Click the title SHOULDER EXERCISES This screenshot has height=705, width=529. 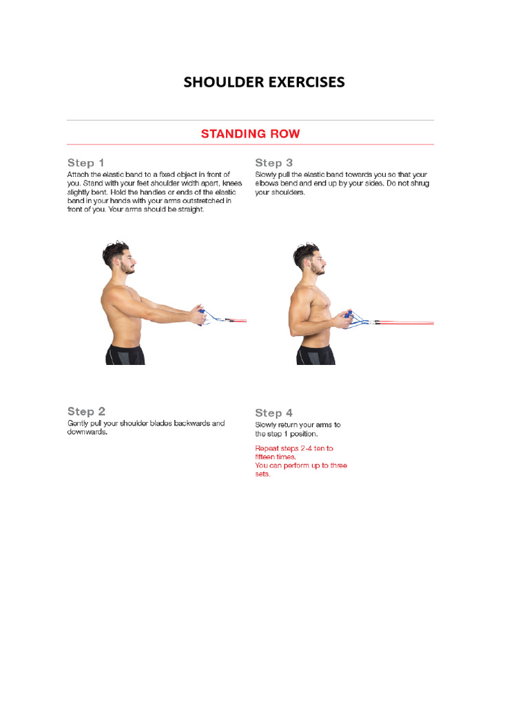point(264,83)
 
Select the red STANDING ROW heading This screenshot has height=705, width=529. point(250,134)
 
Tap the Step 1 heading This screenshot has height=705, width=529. point(85,163)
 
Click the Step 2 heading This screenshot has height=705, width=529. point(86,412)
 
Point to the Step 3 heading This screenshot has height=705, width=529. point(273,163)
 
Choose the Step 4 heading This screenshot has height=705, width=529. point(273,413)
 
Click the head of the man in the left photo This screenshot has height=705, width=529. point(119,257)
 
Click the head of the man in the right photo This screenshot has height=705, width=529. point(309,258)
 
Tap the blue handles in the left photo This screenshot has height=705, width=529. point(203,317)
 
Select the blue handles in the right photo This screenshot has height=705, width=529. point(353,318)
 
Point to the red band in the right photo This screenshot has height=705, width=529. point(406,322)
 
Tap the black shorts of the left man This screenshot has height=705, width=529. point(125,355)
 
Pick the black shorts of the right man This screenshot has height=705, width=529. point(315,355)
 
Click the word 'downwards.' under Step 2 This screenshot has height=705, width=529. point(87,433)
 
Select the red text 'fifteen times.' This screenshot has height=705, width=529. point(276,457)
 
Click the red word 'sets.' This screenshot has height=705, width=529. point(262,474)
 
